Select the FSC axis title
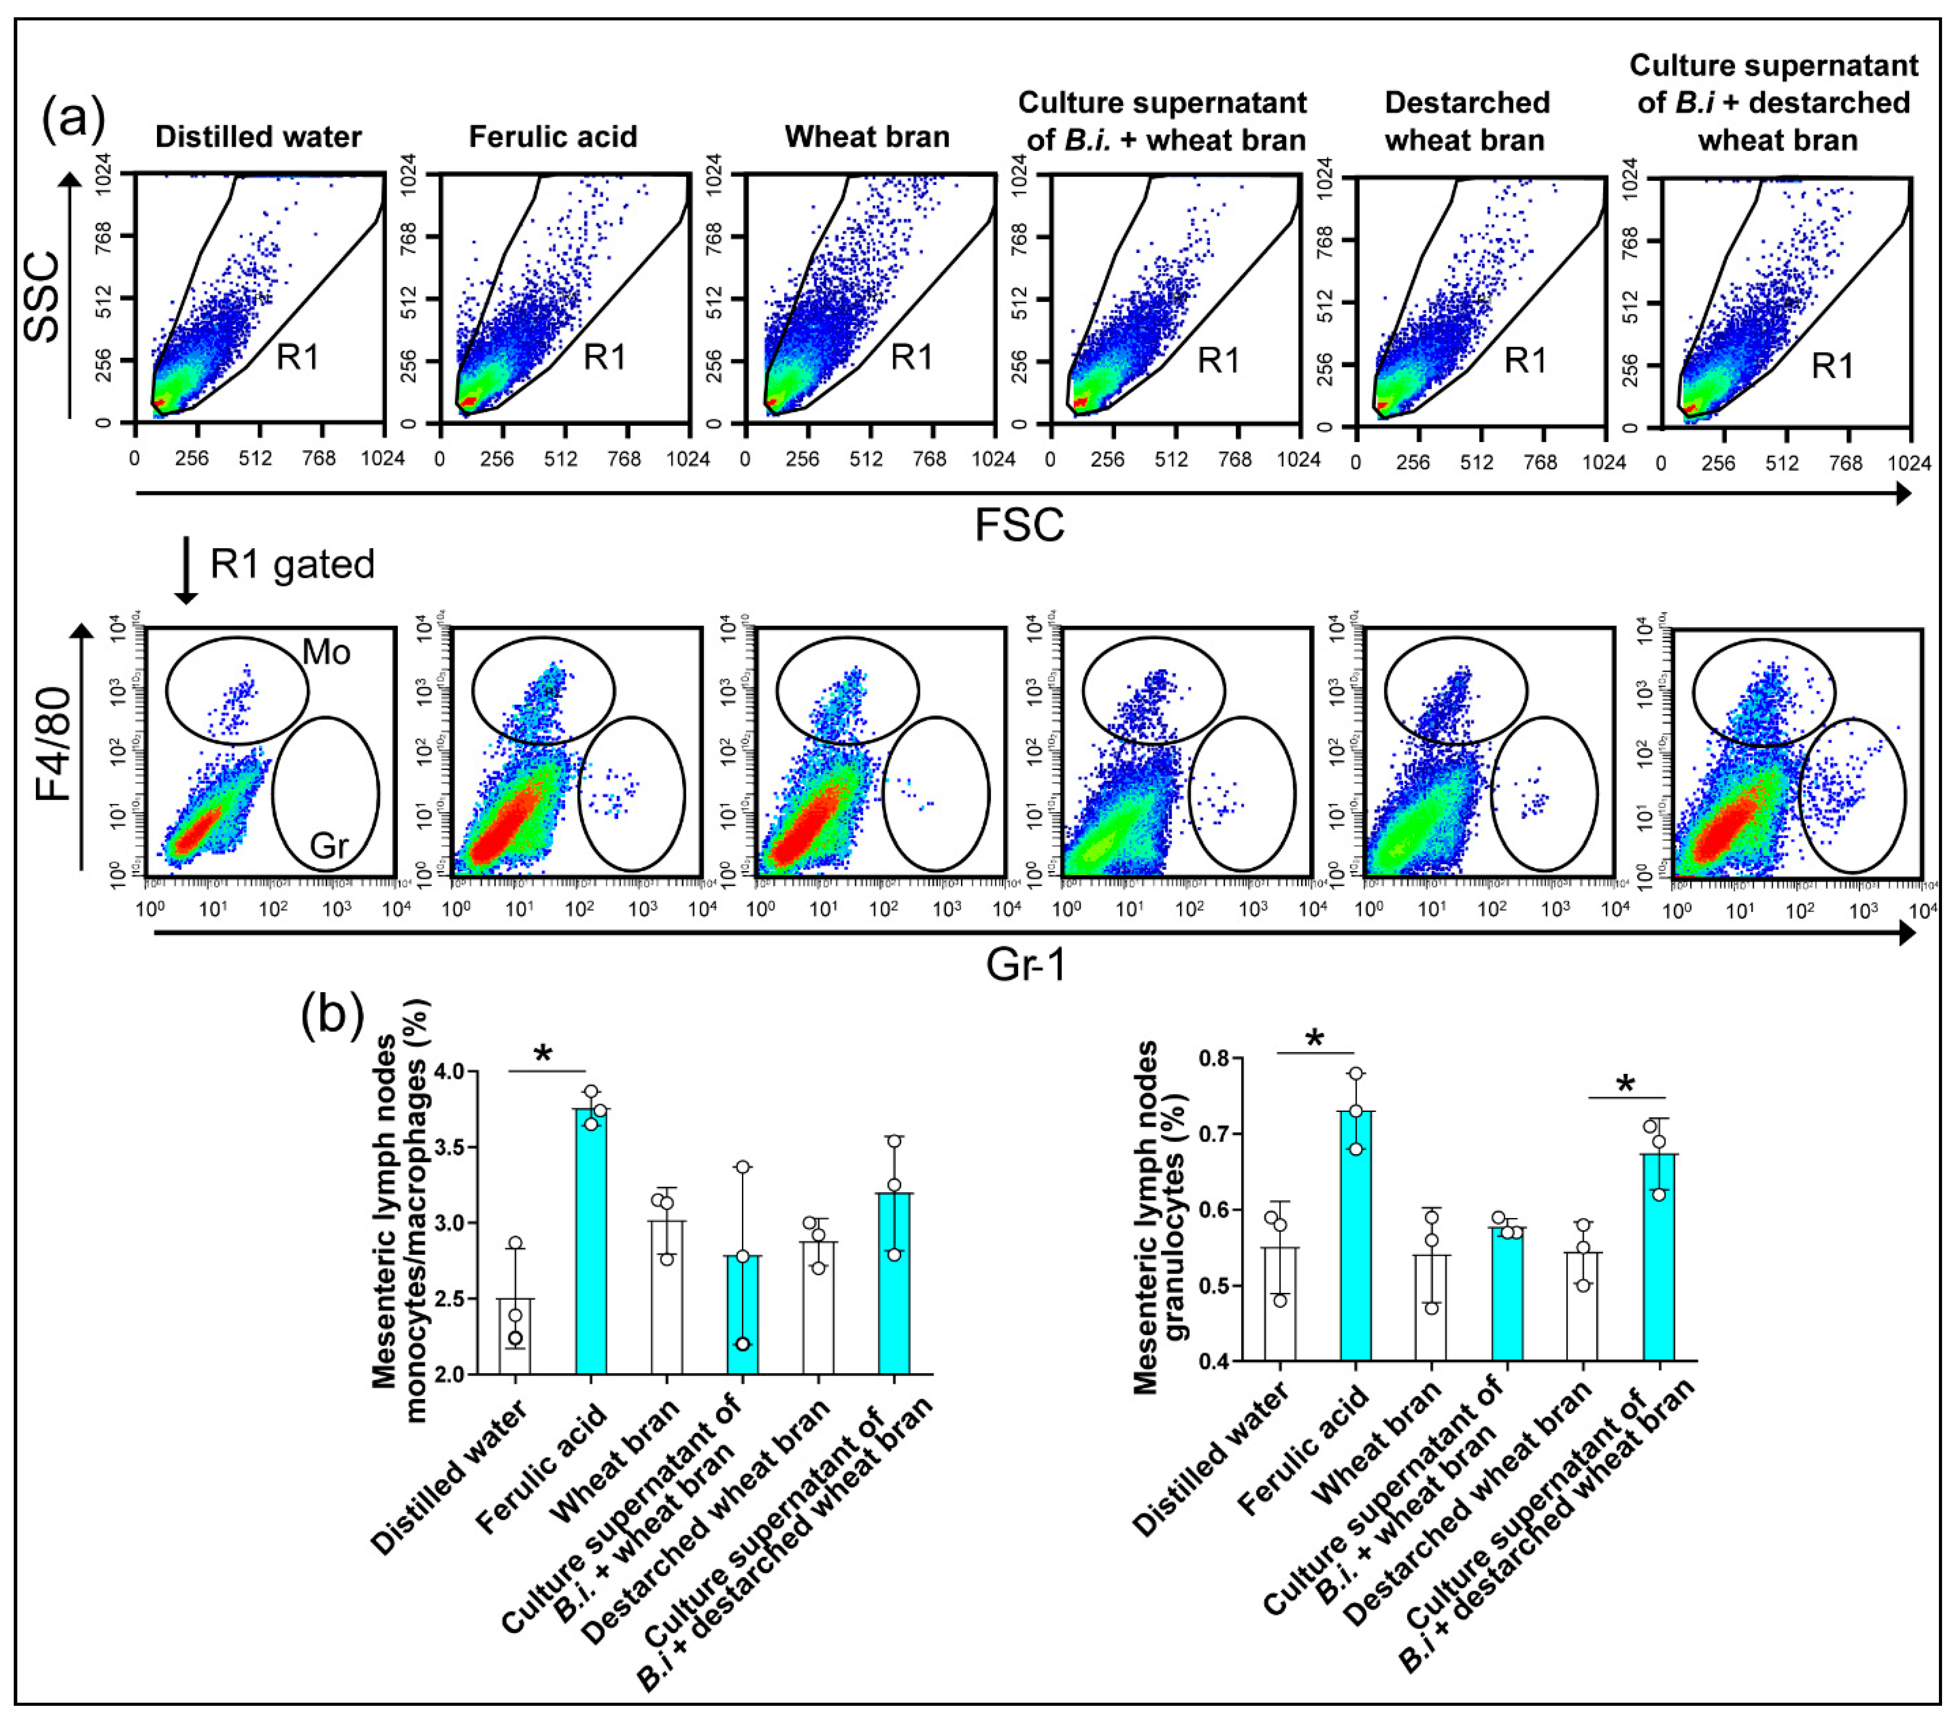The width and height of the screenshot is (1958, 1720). tap(1019, 525)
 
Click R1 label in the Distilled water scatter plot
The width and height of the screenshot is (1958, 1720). tap(298, 357)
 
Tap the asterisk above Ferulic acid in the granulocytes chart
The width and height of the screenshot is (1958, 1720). tap(1315, 1040)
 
